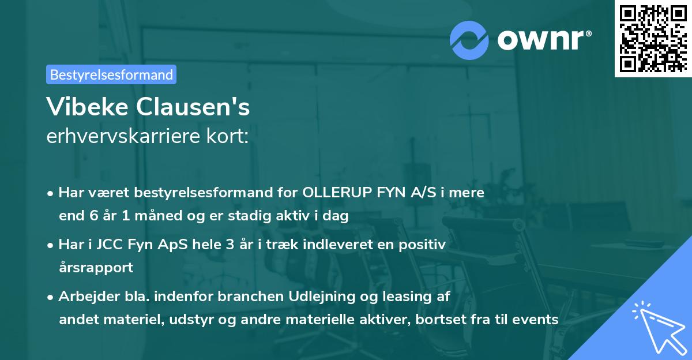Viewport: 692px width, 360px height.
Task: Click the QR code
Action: pos(653,38)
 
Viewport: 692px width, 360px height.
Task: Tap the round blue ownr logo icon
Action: pos(469,40)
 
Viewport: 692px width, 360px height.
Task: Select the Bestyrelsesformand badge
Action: pos(111,74)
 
